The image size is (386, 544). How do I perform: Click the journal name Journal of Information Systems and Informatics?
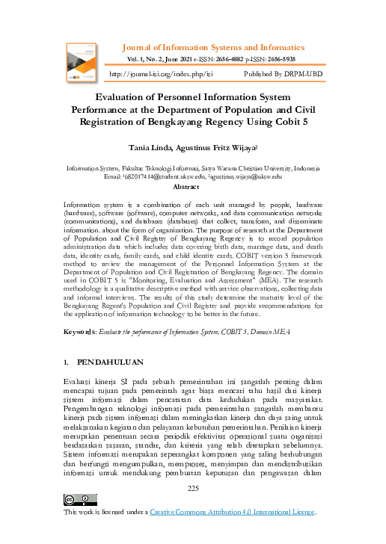click(220, 47)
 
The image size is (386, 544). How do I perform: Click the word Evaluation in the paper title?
click(132, 96)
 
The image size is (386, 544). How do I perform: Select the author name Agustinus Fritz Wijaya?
click(218, 148)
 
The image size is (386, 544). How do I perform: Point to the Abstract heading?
click(192, 188)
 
